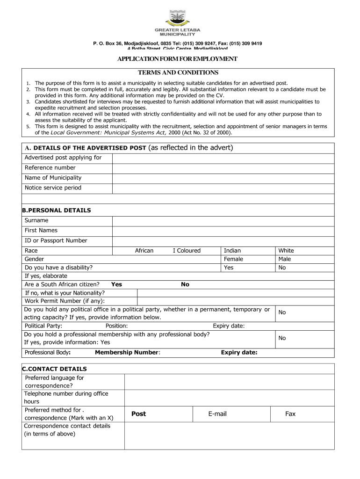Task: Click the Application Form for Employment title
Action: pos(177,59)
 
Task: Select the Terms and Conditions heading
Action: pos(178,73)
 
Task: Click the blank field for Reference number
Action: pos(223,168)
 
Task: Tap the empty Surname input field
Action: pos(223,221)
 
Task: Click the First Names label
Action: pos(41,230)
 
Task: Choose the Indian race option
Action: pos(232,251)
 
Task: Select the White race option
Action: pos(286,251)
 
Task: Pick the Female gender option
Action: pos(234,259)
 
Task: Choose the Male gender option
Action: pos(284,259)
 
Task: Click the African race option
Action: pos(144,251)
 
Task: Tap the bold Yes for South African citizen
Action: pos(116,284)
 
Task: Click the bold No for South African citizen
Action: pos(185,284)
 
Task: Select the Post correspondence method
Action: pos(138,414)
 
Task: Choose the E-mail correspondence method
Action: pos(217,414)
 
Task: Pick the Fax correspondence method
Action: pos(290,414)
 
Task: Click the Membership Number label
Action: pos(127,353)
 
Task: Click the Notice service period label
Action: pos(53,188)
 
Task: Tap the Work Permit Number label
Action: pos(65,301)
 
